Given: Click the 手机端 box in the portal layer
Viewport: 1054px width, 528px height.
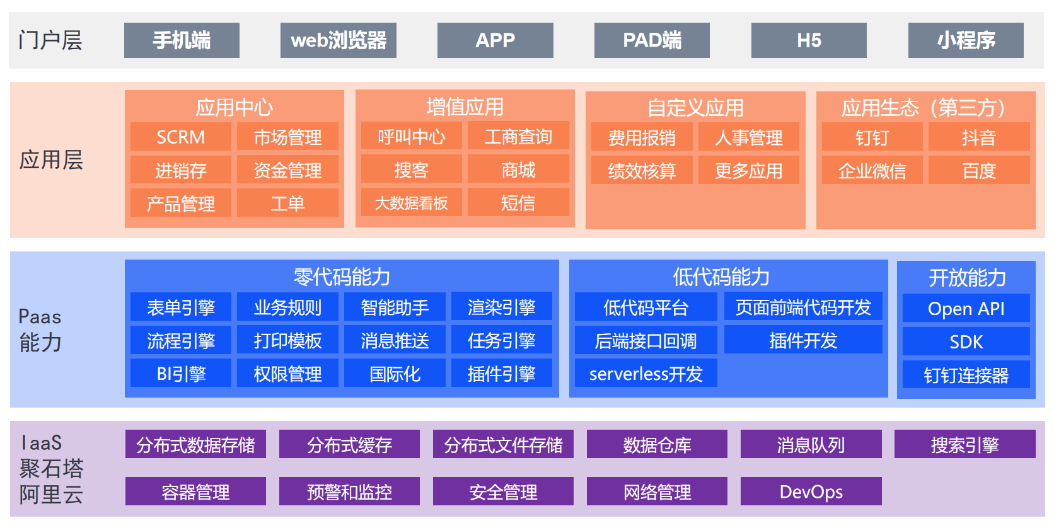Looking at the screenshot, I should point(182,40).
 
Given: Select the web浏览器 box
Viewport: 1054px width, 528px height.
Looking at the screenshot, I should point(339,40).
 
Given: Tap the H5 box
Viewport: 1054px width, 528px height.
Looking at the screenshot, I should point(809,40).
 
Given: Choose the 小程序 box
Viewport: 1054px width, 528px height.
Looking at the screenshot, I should point(966,40).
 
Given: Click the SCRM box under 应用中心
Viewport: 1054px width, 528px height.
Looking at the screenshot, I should point(181,137).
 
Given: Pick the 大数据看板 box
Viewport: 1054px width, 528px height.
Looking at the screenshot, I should point(412,203).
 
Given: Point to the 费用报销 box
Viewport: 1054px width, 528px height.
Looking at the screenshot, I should point(642,137).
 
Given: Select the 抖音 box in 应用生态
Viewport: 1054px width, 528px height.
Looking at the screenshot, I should point(979,137).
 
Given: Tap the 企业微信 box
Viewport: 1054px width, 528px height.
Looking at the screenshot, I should point(872,171).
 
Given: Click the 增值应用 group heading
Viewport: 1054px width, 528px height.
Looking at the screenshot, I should point(465,106).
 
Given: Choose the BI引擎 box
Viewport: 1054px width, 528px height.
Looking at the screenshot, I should point(181,374).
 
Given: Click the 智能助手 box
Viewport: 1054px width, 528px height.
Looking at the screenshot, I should point(395,307).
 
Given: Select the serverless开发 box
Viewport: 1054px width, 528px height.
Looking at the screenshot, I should point(646,374).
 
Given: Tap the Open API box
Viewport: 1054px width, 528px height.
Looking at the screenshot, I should point(966,308).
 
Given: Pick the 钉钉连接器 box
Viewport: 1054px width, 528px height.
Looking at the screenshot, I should point(966,375).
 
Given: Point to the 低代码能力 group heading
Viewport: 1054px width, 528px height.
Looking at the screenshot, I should point(722,277).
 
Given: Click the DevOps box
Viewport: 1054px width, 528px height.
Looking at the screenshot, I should point(811,491).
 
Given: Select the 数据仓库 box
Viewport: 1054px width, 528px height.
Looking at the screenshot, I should point(657,445).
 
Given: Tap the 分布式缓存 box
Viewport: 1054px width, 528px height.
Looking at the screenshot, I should point(349,445).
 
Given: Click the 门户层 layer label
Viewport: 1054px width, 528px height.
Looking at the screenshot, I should point(50,40).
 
